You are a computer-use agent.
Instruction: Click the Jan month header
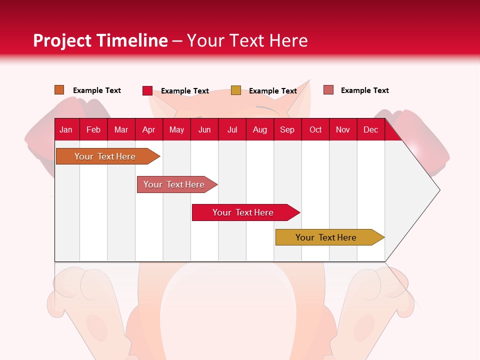coord(66,129)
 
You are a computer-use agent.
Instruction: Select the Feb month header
coord(93,129)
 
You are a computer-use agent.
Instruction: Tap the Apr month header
coord(148,129)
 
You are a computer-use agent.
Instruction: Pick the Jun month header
coord(204,129)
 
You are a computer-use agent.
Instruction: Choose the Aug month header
coord(259,129)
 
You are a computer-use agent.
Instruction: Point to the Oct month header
coord(315,129)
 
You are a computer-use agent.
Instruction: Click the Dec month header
coord(370,129)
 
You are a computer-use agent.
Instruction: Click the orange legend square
coord(59,90)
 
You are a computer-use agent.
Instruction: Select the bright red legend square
coord(147,90)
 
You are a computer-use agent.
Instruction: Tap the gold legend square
coord(236,90)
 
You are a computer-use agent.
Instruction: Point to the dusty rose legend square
coord(328,90)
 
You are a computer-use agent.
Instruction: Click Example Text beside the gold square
coord(273,91)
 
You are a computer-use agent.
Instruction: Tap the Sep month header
coord(287,129)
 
